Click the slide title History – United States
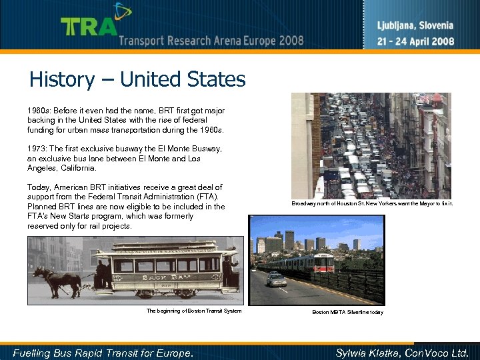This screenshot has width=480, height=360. pyautogui.click(x=137, y=80)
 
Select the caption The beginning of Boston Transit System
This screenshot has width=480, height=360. pyautogui.click(x=193, y=311)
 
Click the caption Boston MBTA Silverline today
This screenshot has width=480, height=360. pyautogui.click(x=347, y=312)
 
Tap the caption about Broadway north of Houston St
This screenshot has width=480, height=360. pyautogui.click(x=372, y=203)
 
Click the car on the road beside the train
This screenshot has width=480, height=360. pyautogui.click(x=276, y=279)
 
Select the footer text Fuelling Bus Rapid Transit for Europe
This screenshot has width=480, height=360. pyautogui.click(x=103, y=353)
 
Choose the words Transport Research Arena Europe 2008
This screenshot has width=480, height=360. pyautogui.click(x=211, y=41)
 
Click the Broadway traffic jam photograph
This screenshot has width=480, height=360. pyautogui.click(x=370, y=145)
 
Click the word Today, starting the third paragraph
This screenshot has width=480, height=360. pyautogui.click(x=39, y=188)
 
